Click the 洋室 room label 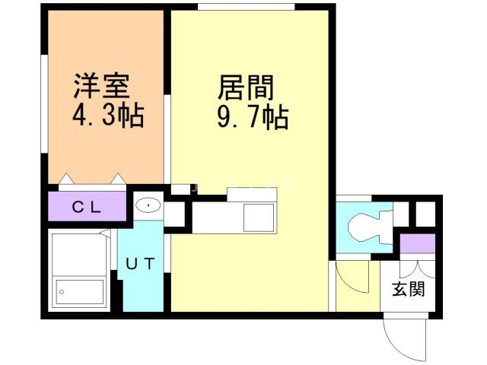[101, 86]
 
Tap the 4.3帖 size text [108, 115]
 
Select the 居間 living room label [246, 88]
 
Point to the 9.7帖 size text [253, 117]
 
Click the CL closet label [87, 208]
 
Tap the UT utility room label [140, 264]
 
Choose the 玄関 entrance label [408, 289]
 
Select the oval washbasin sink [148, 205]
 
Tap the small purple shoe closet [417, 243]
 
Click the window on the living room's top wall [247, 7]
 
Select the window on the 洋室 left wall [44, 103]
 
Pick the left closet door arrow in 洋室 [66, 179]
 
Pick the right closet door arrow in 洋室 [119, 179]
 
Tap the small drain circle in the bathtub [62, 292]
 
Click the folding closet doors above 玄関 [417, 269]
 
